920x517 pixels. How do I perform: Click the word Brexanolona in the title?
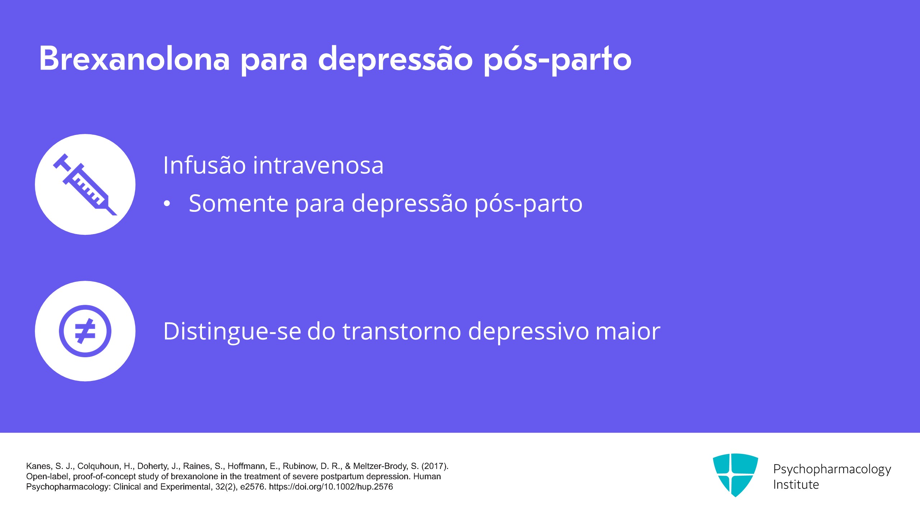[134, 59]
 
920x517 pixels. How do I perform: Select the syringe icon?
[85, 185]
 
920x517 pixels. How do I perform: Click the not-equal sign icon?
[85, 331]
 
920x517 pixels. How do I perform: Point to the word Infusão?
[204, 165]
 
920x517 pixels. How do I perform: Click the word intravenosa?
[318, 166]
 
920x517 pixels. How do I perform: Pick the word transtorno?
[402, 331]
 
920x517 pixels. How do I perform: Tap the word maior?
[628, 331]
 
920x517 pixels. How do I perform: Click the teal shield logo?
[735, 475]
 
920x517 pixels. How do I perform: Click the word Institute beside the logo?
[796, 485]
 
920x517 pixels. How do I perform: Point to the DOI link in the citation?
[331, 487]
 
